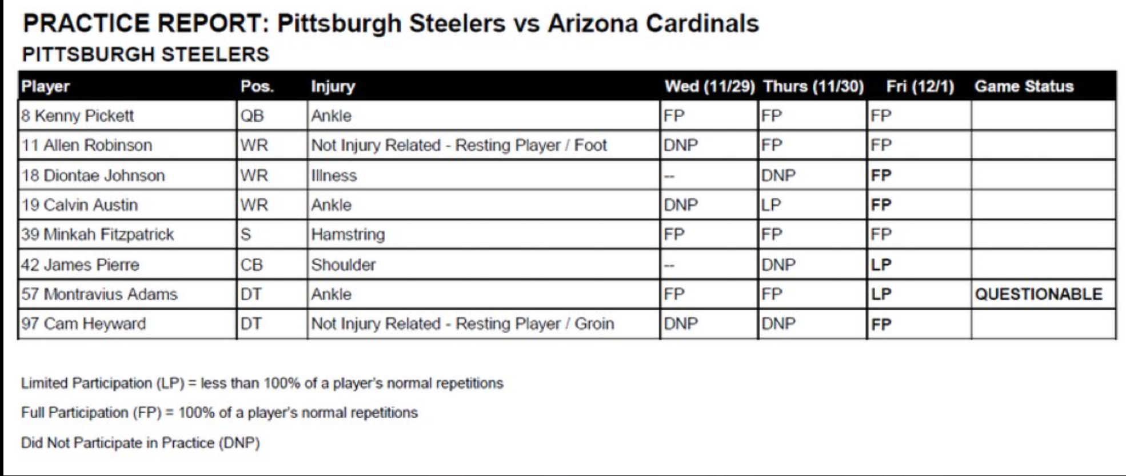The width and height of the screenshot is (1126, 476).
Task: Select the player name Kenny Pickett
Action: [84, 116]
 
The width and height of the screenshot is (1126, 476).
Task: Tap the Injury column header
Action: [333, 86]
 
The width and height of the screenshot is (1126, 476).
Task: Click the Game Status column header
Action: [1024, 86]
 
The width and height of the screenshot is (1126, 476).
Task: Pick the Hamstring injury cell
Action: [348, 235]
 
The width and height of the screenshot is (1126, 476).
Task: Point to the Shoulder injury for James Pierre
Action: [344, 265]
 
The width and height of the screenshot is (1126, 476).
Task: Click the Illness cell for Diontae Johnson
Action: [334, 175]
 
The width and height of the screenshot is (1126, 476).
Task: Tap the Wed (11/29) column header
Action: [710, 86]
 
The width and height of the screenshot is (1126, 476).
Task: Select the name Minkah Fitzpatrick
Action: [109, 234]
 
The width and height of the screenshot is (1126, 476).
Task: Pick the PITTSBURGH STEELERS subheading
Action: [145, 54]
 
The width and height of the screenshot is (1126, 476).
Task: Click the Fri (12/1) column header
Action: [920, 86]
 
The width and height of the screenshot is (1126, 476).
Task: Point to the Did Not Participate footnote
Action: [141, 443]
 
